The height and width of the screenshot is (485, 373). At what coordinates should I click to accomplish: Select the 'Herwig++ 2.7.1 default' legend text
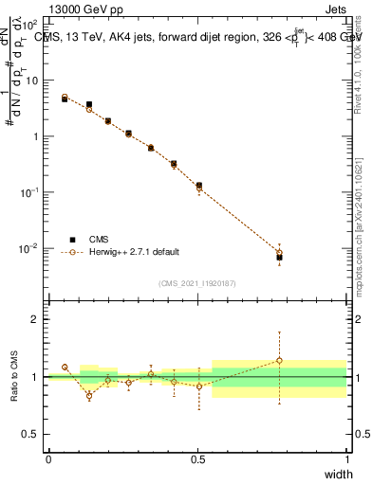click(x=134, y=253)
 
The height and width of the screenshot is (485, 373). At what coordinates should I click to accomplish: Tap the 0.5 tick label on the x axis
click(x=197, y=459)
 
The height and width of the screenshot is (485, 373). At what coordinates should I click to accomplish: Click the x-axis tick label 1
click(x=346, y=459)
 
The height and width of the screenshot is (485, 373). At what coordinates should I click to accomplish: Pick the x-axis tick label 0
click(x=48, y=459)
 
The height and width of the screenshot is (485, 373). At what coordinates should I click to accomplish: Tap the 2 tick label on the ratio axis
click(x=35, y=319)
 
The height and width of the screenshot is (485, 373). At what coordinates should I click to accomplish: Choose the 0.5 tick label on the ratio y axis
click(x=31, y=434)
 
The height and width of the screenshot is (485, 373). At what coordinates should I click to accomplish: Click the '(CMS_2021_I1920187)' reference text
click(x=197, y=282)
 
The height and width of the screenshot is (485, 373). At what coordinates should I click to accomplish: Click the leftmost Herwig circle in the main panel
click(x=65, y=97)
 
